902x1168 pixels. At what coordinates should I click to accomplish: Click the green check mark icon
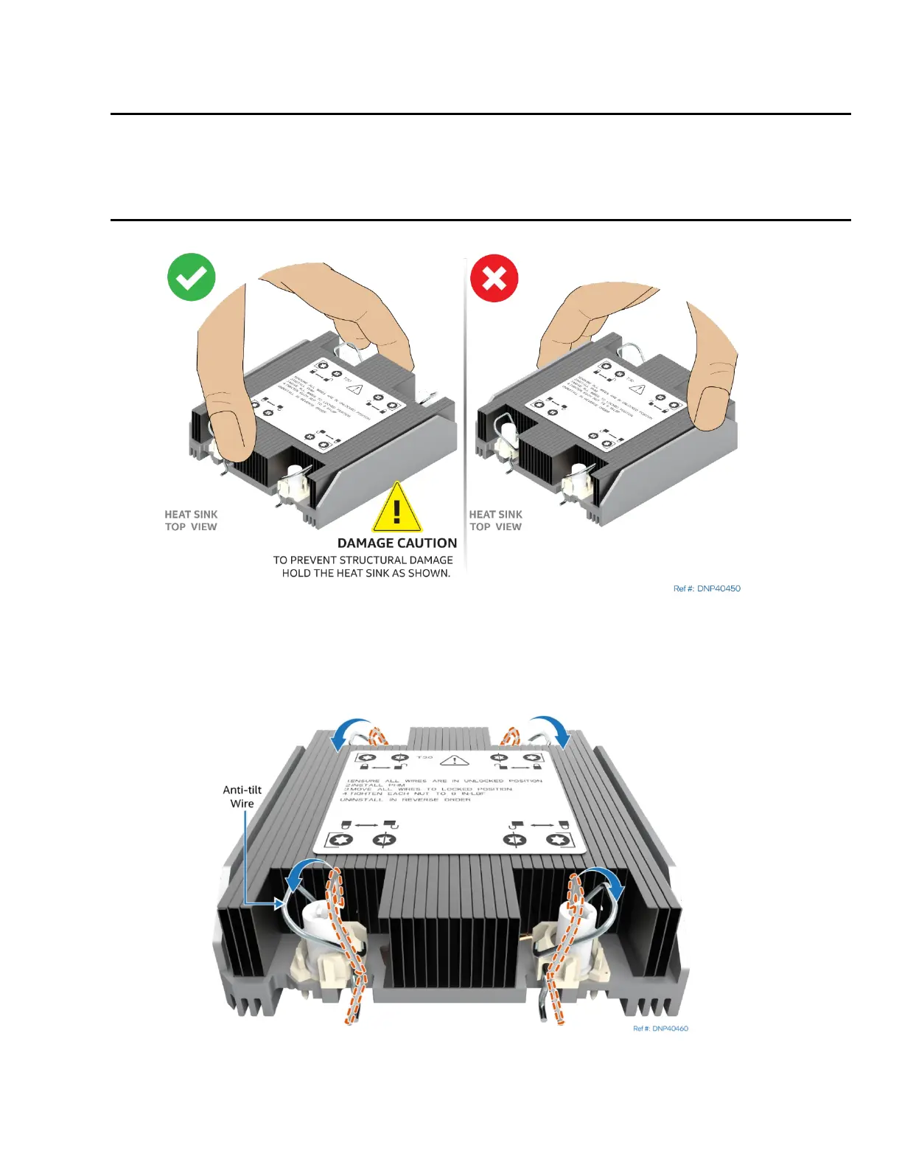click(x=191, y=277)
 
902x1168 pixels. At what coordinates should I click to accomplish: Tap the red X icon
click(x=494, y=279)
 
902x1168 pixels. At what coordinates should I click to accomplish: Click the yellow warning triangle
click(x=396, y=508)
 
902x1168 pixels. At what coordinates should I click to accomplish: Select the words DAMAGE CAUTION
click(x=396, y=543)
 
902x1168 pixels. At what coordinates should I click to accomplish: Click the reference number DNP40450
click(x=707, y=588)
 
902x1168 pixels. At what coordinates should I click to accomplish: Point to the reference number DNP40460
click(x=660, y=1029)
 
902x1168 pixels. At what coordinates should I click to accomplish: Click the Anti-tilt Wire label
click(x=242, y=796)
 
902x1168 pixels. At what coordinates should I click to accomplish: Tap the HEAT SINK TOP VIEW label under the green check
click(x=191, y=521)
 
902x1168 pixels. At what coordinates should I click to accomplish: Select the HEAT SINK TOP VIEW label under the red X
click(x=495, y=521)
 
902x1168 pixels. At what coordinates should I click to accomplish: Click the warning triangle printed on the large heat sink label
click(x=455, y=760)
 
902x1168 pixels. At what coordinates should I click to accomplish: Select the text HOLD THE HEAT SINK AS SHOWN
click(x=366, y=573)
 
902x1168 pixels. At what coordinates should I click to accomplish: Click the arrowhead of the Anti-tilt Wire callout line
click(x=280, y=903)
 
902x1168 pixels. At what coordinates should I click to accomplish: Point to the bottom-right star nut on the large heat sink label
click(x=556, y=840)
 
